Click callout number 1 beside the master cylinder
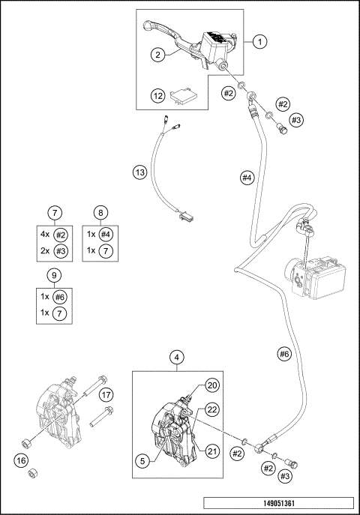[260, 42]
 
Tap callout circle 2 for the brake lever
[157, 55]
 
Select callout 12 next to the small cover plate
[158, 96]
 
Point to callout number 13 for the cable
[140, 172]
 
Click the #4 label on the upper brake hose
[247, 178]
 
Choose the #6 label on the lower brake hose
[284, 354]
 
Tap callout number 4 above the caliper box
[177, 358]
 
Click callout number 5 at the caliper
[142, 461]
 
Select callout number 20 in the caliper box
[212, 385]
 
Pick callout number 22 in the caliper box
[212, 409]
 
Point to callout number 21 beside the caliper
[212, 451]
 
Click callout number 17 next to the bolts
[106, 394]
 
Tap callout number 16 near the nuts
[21, 460]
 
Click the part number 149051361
[279, 503]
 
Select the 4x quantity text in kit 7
[45, 234]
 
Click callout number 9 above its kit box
[55, 275]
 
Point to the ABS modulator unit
[315, 277]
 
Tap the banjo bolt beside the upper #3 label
[282, 128]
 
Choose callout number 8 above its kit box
[100, 213]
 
